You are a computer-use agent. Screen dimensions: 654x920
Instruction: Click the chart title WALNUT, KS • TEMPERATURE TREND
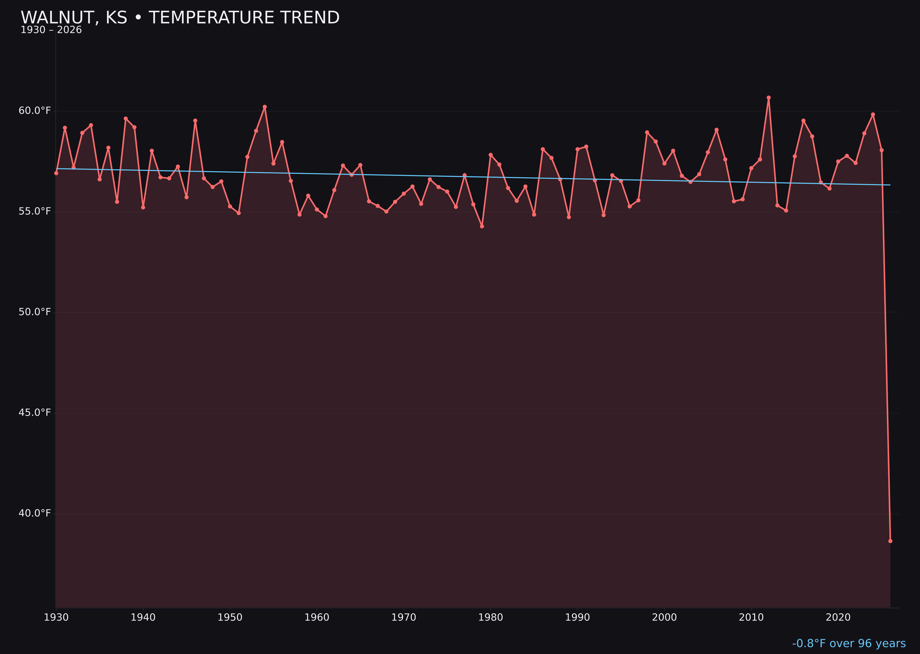[180, 18]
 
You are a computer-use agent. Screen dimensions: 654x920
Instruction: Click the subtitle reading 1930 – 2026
[51, 30]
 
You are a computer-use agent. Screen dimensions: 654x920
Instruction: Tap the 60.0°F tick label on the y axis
[35, 111]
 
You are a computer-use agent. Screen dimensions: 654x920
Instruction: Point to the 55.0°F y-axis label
[35, 211]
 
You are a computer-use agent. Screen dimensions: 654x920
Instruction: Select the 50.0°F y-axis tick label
[35, 312]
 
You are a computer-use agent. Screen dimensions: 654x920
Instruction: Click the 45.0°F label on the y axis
[35, 413]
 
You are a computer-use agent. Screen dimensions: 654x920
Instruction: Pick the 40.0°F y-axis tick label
[35, 513]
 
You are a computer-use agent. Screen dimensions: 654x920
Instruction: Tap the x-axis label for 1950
[230, 617]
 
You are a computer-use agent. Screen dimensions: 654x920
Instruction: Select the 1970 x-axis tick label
[404, 617]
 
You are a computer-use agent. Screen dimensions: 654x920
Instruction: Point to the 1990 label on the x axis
[577, 617]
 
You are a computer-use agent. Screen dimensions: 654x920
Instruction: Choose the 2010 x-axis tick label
[751, 617]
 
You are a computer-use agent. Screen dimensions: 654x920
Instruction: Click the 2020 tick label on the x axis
[838, 617]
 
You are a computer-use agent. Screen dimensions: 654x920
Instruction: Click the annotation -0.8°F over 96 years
[849, 643]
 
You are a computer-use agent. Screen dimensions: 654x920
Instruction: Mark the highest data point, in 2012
[769, 98]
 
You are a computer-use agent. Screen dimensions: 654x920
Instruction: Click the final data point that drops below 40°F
[890, 541]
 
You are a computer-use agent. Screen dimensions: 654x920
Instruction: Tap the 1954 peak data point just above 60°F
[265, 107]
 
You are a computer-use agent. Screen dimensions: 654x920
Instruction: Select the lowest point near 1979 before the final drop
[482, 226]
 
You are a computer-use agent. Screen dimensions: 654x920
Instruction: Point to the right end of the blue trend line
[890, 185]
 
